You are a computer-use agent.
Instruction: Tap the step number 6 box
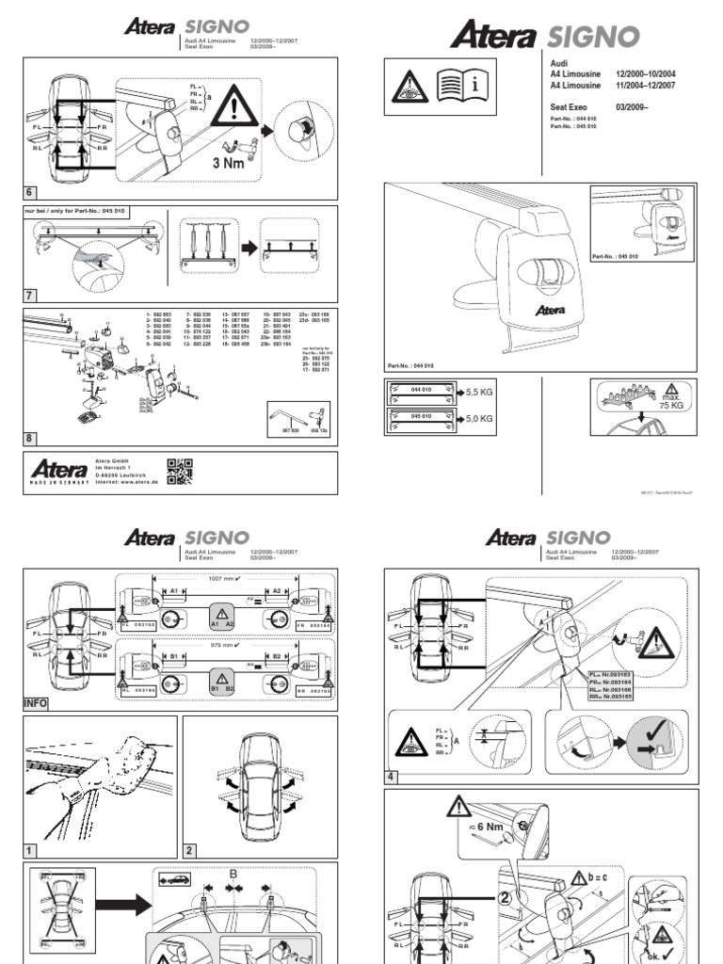(x=29, y=192)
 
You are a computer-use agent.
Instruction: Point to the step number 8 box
(x=29, y=438)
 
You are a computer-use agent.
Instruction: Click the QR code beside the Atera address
(x=179, y=472)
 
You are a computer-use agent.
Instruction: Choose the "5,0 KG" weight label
(x=481, y=421)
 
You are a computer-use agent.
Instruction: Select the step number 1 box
(x=29, y=850)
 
